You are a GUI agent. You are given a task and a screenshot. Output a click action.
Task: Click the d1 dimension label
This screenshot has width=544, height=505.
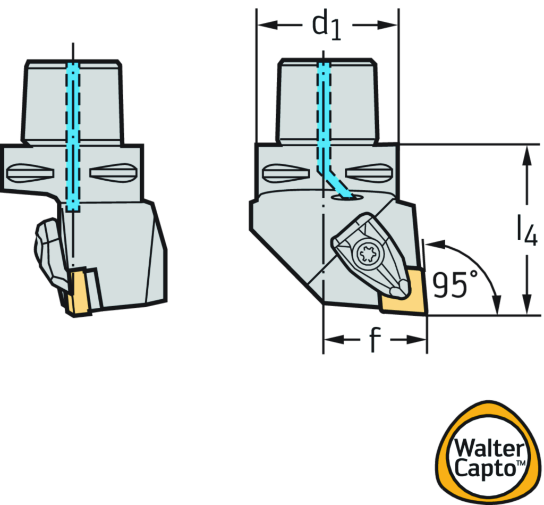tap(327, 26)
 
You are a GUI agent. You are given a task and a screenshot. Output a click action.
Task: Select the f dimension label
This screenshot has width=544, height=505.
tap(375, 339)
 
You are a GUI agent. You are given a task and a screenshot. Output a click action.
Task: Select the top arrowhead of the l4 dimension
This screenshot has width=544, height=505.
tap(526, 151)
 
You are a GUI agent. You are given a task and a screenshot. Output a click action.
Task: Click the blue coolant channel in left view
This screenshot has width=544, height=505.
tap(73, 133)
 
